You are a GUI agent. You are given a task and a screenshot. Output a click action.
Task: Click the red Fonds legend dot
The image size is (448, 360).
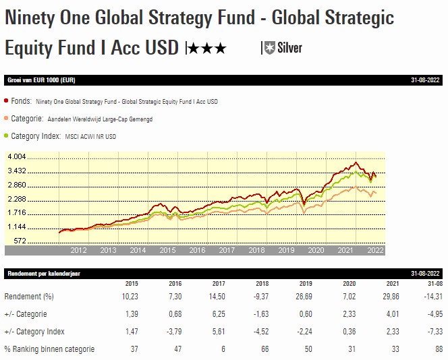pos(7,101)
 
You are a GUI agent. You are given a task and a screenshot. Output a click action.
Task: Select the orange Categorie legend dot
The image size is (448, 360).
pos(7,119)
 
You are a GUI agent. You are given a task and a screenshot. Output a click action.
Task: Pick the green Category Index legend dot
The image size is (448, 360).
pos(7,136)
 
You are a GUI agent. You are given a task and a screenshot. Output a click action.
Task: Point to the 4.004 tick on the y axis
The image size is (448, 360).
pos(16,157)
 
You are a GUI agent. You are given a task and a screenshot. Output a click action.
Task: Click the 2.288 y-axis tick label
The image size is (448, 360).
pos(16,199)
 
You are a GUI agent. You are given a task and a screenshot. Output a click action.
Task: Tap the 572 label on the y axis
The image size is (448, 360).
pos(20,241)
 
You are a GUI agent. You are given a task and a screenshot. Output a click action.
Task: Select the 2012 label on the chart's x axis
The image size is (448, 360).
pos(79,250)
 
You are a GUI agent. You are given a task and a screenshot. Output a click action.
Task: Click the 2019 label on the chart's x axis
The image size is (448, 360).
pos(287,250)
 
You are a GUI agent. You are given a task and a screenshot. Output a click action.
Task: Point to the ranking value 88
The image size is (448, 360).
pos(439,349)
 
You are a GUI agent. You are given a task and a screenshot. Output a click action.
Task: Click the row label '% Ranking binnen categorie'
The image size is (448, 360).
pos(49,349)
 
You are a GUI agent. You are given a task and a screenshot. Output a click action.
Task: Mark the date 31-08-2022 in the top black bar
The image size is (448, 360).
pos(425,80)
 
